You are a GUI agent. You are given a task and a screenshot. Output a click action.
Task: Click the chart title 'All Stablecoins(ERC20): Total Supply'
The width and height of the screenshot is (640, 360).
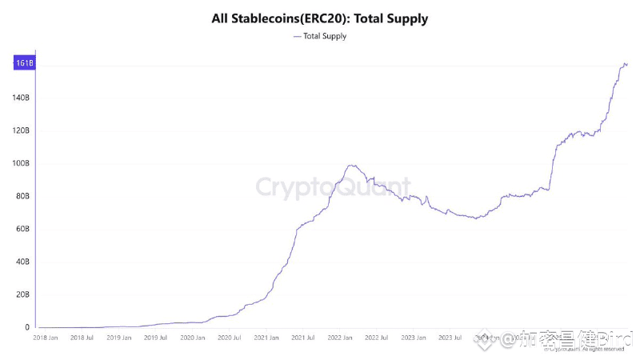[320, 17]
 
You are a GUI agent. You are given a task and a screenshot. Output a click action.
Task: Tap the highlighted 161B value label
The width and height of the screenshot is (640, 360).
[23, 62]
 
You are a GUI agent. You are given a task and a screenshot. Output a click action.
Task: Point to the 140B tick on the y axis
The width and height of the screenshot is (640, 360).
[22, 98]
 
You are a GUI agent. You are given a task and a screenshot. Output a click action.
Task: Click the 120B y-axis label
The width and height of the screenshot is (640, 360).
[22, 130]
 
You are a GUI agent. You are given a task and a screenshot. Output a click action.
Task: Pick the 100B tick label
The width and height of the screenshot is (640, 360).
[22, 163]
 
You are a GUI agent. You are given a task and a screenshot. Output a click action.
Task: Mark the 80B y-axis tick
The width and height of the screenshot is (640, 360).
[23, 196]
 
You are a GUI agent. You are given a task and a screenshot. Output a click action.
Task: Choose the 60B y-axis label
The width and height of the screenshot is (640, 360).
[23, 229]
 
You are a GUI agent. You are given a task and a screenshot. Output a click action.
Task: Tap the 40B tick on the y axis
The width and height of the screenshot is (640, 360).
[23, 262]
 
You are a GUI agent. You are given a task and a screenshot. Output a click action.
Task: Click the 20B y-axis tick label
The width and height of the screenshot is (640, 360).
[23, 294]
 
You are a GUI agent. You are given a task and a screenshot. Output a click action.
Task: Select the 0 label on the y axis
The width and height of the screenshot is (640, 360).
[27, 327]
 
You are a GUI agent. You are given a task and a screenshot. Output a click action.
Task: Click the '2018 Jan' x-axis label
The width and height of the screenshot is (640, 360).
[46, 338]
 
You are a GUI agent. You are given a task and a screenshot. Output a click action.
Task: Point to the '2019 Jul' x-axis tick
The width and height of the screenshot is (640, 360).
[155, 338]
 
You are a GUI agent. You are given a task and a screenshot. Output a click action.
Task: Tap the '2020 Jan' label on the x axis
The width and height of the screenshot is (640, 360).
[192, 338]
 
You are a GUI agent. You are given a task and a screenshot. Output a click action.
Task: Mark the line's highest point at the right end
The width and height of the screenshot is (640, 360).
[624, 63]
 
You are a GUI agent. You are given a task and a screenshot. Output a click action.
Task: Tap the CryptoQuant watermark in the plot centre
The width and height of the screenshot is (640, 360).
[332, 187]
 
